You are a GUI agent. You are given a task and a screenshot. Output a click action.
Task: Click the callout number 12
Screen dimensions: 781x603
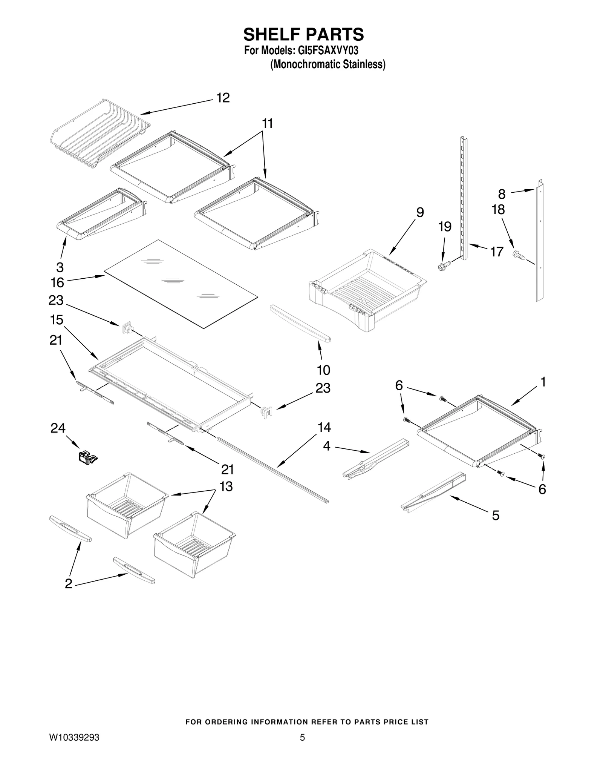tap(223, 98)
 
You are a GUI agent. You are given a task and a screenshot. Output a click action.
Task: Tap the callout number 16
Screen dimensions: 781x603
tap(57, 282)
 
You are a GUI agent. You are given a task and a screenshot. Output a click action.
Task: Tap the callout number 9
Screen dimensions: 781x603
tap(420, 212)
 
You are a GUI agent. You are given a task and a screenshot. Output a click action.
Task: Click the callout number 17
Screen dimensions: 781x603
tap(497, 251)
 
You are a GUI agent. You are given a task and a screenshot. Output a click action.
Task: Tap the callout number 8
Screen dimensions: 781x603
tap(502, 194)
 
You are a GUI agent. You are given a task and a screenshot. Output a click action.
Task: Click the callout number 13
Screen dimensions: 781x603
tap(226, 486)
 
